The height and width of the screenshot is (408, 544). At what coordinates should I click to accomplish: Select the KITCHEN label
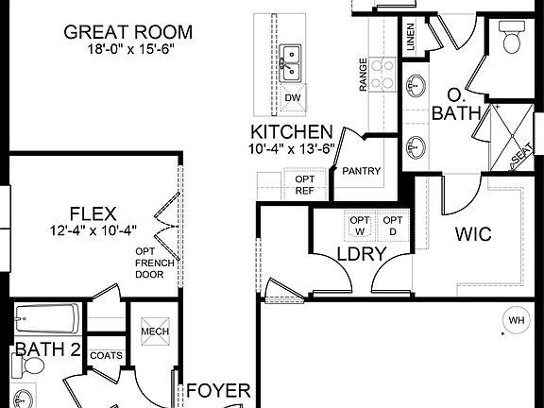pyautogui.click(x=291, y=132)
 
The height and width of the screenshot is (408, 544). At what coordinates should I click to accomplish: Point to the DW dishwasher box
pyautogui.click(x=294, y=97)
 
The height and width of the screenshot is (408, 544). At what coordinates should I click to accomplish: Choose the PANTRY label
pyautogui.click(x=361, y=171)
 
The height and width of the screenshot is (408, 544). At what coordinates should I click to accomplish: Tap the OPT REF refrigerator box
pyautogui.click(x=305, y=183)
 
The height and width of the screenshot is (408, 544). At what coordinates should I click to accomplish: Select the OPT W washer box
pyautogui.click(x=360, y=225)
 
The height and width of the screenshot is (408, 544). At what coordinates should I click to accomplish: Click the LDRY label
pyautogui.click(x=361, y=253)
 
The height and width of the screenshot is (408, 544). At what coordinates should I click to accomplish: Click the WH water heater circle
pyautogui.click(x=516, y=320)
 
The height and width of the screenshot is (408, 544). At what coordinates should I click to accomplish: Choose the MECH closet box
pyautogui.click(x=154, y=332)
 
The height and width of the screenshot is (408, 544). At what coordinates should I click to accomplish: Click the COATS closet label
pyautogui.click(x=105, y=355)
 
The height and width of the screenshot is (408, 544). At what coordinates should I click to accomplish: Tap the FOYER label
pyautogui.click(x=218, y=390)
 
